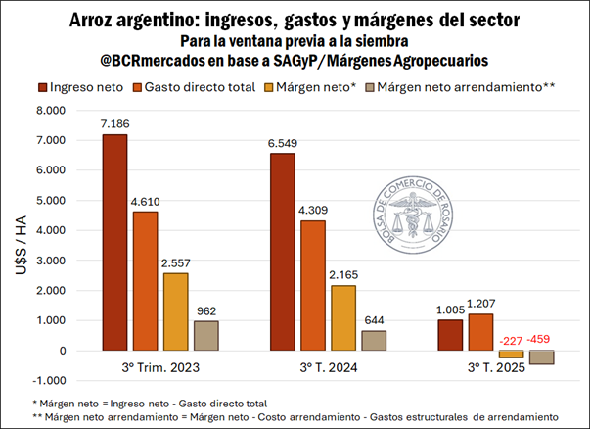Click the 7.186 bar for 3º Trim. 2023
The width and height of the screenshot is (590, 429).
pos(114,242)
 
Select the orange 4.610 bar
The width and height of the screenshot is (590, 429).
pos(146,280)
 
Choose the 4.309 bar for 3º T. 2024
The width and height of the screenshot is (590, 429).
pos(312,285)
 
